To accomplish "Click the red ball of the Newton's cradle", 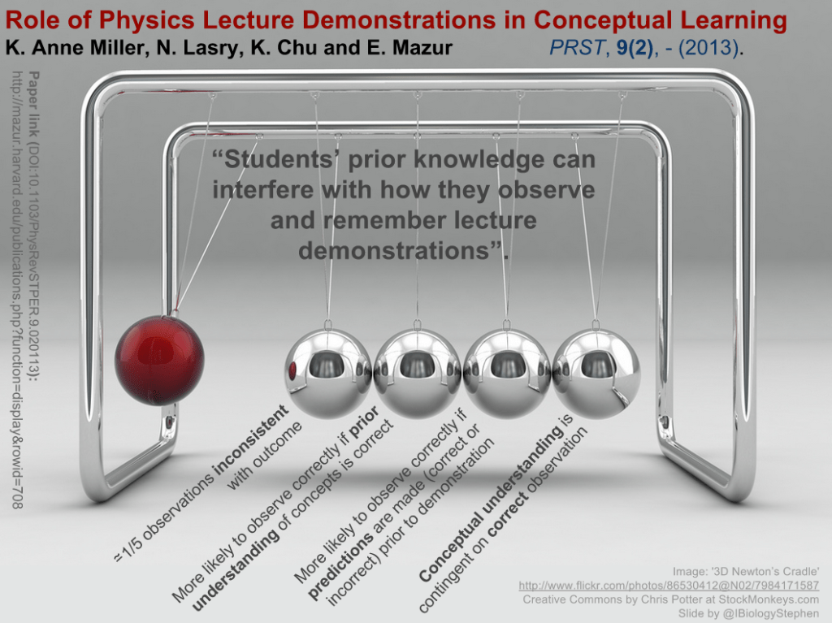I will coord(159,360).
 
